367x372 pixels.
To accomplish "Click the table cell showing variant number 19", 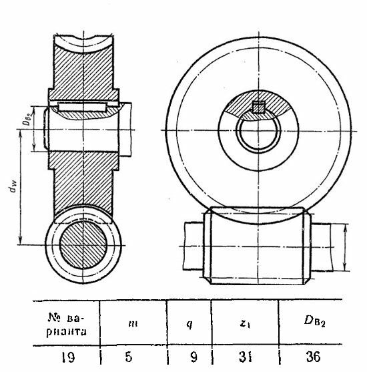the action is tap(68, 357).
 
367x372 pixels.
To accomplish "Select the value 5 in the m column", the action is tap(129, 357).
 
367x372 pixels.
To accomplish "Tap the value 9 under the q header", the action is tap(194, 357).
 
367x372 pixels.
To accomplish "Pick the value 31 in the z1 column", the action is tap(246, 357).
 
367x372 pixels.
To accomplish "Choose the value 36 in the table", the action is tap(313, 357).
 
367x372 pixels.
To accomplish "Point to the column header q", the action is tap(190, 325).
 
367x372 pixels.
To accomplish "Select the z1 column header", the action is tap(245, 324).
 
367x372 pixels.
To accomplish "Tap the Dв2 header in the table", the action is tap(314, 321).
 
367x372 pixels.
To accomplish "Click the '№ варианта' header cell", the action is tap(67, 325).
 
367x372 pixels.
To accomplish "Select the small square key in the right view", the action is tap(258, 107).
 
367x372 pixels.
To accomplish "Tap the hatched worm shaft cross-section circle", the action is tap(83, 245).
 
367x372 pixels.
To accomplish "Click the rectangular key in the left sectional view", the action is tap(82, 108).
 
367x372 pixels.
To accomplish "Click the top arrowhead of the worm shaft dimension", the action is tap(345, 228).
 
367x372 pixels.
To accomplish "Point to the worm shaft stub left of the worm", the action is tap(194, 246).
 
